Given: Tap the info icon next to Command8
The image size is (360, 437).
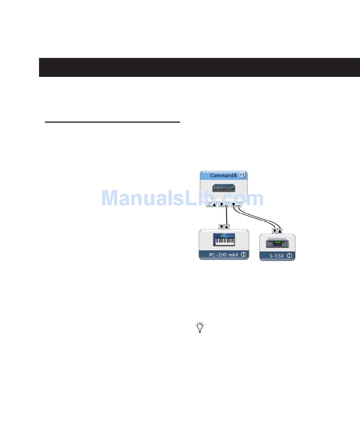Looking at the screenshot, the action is (243, 175).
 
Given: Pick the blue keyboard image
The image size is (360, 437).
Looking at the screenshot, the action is (224, 240).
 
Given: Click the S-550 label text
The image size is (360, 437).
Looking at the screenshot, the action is (277, 256).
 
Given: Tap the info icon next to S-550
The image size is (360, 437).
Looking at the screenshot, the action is (290, 256).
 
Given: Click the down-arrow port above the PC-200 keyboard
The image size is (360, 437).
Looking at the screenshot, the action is (222, 227).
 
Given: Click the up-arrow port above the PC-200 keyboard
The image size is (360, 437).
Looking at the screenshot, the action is (227, 227).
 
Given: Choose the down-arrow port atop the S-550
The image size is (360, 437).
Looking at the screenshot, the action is (275, 231).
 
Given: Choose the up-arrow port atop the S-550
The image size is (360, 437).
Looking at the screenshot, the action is (280, 231).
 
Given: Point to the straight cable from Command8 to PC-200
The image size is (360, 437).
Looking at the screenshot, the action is (226, 216).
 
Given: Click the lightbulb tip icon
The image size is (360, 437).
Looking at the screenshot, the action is (200, 328).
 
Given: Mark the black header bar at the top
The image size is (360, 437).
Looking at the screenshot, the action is (199, 67).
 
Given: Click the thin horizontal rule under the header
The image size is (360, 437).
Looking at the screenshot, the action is (112, 122).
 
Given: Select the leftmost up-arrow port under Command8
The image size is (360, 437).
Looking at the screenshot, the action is (214, 205).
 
